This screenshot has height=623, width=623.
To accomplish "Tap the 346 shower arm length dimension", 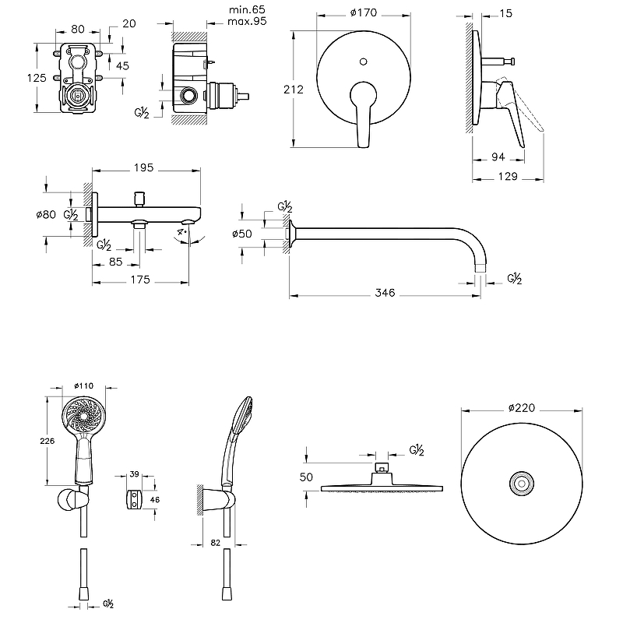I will [385, 293].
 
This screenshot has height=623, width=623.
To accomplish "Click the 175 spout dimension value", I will [141, 280].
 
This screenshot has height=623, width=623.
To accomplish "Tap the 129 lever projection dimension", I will [507, 177].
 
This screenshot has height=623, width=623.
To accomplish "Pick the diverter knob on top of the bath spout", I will [140, 195].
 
